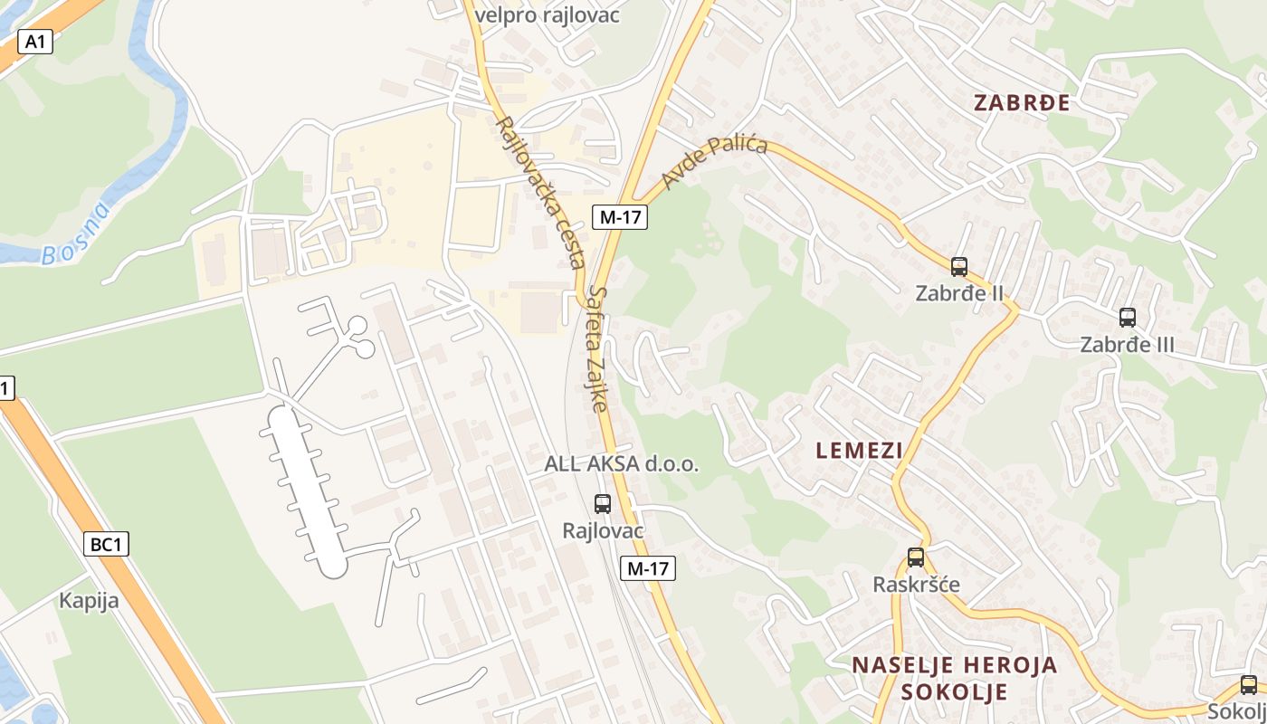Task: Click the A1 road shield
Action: (x=34, y=42)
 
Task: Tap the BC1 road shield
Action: (x=107, y=544)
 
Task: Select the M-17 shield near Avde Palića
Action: (x=620, y=216)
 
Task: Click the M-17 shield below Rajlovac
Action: (x=648, y=568)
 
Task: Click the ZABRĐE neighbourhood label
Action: (x=1022, y=103)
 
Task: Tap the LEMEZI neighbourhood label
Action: (x=859, y=450)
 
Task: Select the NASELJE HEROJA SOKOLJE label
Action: (x=954, y=679)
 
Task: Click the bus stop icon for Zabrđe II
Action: (x=959, y=267)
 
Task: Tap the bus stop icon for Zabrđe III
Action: (x=1127, y=318)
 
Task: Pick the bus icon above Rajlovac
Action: (x=603, y=504)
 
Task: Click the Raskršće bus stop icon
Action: (x=916, y=557)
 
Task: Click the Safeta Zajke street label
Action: (x=598, y=348)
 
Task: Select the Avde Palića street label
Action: (x=714, y=163)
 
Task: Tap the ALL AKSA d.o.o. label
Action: (x=621, y=464)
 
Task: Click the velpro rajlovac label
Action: (x=547, y=14)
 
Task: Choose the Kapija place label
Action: (x=89, y=600)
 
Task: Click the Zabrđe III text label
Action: (x=1127, y=345)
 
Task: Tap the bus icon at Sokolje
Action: (x=1249, y=685)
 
